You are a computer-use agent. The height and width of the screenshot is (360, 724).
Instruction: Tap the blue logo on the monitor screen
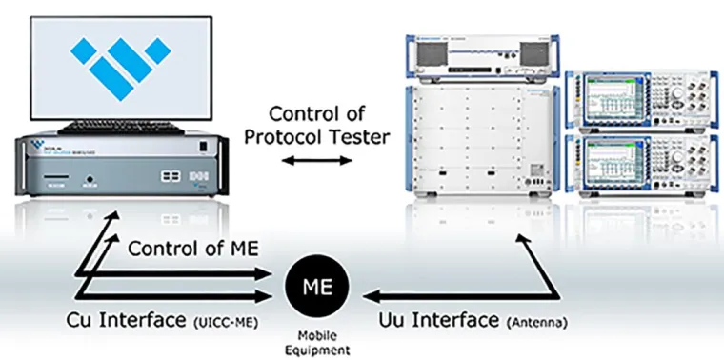coord(124,64)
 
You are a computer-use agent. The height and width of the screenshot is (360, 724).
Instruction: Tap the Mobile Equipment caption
coord(317,342)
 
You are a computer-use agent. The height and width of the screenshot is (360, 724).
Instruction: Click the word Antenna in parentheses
coord(539,322)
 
